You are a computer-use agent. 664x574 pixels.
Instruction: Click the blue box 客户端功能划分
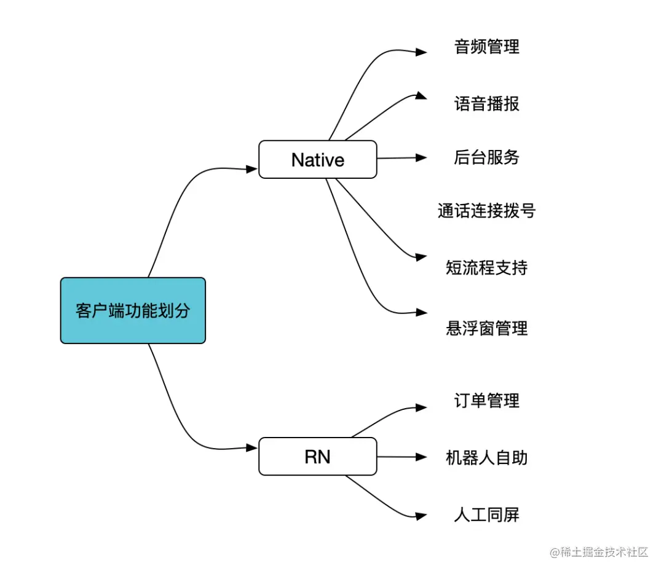[x=133, y=310]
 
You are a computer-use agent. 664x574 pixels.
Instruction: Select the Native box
[x=317, y=160]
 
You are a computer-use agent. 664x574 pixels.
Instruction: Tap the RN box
[x=317, y=457]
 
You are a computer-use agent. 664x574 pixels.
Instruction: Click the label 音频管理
[x=486, y=47]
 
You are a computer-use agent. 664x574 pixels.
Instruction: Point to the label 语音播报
[x=486, y=103]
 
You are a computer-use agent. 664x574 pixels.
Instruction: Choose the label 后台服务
[x=486, y=157]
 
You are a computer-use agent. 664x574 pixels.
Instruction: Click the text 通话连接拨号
[x=486, y=211]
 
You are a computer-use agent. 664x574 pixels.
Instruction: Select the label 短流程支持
[x=486, y=267]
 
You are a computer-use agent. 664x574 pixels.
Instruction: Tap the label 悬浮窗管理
[x=486, y=328]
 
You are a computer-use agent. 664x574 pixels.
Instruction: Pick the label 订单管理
[x=486, y=401]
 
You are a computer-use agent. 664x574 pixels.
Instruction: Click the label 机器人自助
[x=486, y=458]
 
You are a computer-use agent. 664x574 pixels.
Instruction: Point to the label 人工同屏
[x=486, y=514]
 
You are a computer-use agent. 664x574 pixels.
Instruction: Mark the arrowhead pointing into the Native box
[x=252, y=169]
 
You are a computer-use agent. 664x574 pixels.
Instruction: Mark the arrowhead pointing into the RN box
[x=252, y=447]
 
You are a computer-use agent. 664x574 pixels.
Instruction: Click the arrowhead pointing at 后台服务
[x=421, y=157]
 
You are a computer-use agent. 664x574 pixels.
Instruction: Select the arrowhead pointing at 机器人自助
[x=421, y=457]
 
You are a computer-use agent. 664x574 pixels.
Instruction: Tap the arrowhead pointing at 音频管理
[x=421, y=52]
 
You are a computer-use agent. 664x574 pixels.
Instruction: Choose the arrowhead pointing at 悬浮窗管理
[x=421, y=312]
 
